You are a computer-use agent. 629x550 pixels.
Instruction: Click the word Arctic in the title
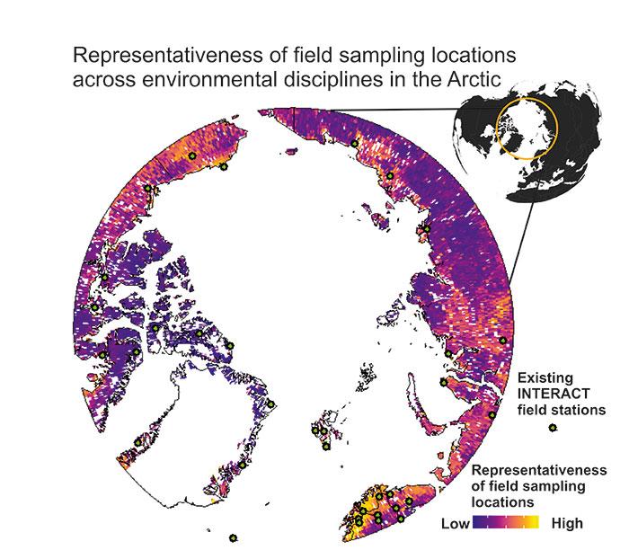pos(463,77)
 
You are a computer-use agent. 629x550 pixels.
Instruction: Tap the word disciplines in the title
pos(331,77)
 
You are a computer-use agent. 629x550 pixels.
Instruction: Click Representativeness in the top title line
pos(167,55)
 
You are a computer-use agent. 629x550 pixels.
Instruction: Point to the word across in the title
pos(102,77)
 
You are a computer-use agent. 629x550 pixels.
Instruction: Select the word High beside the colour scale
pos(567,523)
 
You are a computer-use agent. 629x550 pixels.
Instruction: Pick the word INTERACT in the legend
pos(555,395)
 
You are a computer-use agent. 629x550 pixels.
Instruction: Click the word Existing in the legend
pos(549,378)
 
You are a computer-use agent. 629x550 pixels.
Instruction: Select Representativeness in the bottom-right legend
pos(539,471)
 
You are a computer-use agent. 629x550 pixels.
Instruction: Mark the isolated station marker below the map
pos(233,537)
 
